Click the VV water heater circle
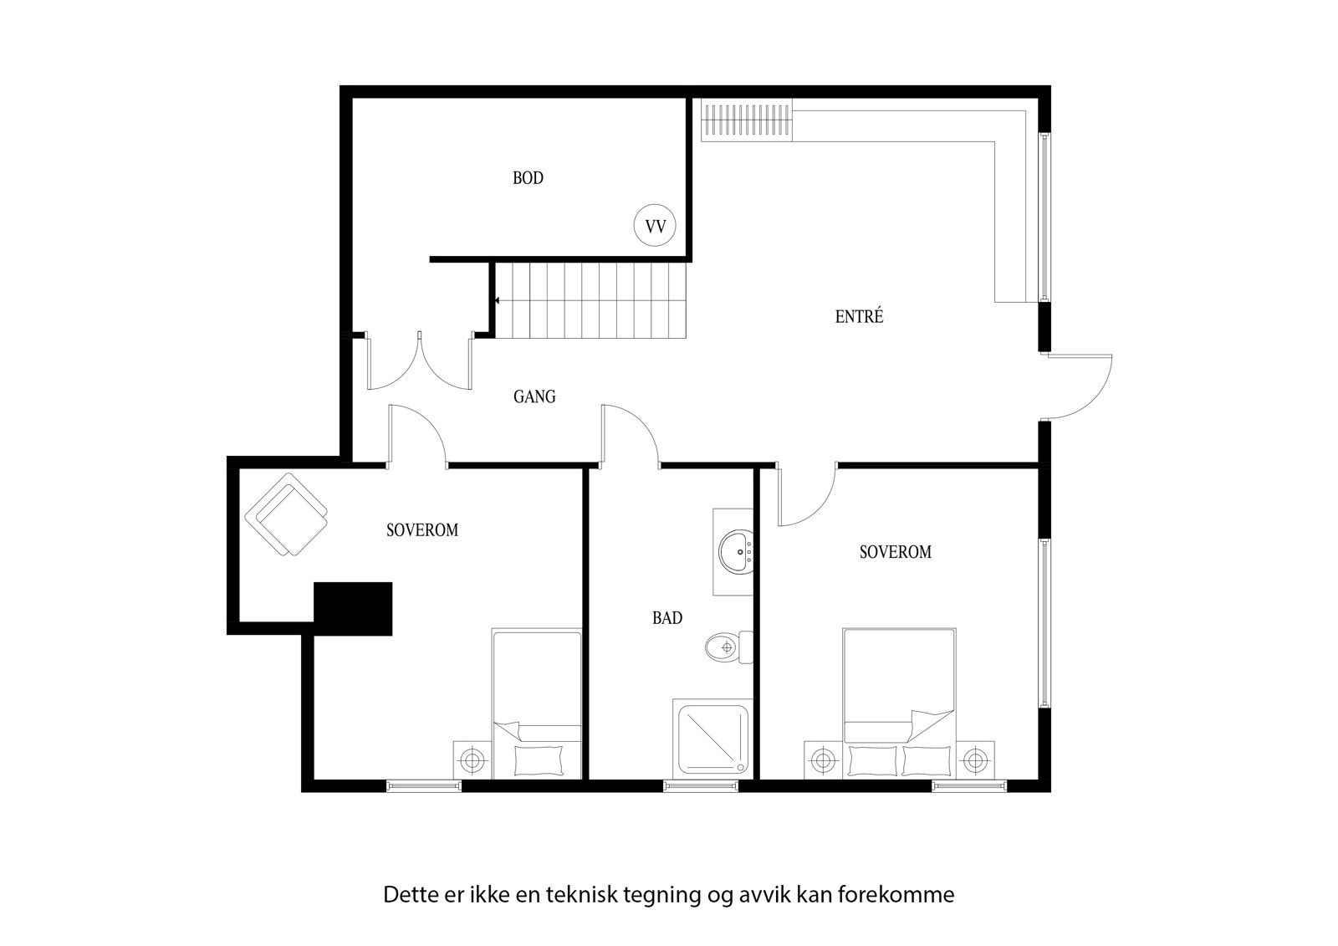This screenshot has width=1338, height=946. click(656, 226)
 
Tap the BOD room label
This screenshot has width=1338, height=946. click(528, 177)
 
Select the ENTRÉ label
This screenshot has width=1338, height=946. click(859, 316)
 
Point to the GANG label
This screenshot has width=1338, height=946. click(534, 396)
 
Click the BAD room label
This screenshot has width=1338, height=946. click(667, 618)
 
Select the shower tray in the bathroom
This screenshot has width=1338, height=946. click(712, 739)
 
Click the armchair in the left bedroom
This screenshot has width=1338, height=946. click(286, 514)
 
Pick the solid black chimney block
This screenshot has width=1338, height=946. click(353, 609)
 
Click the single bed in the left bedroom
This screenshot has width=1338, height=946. click(537, 703)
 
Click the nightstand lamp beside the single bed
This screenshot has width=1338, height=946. click(472, 760)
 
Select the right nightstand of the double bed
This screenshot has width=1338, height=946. click(973, 760)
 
